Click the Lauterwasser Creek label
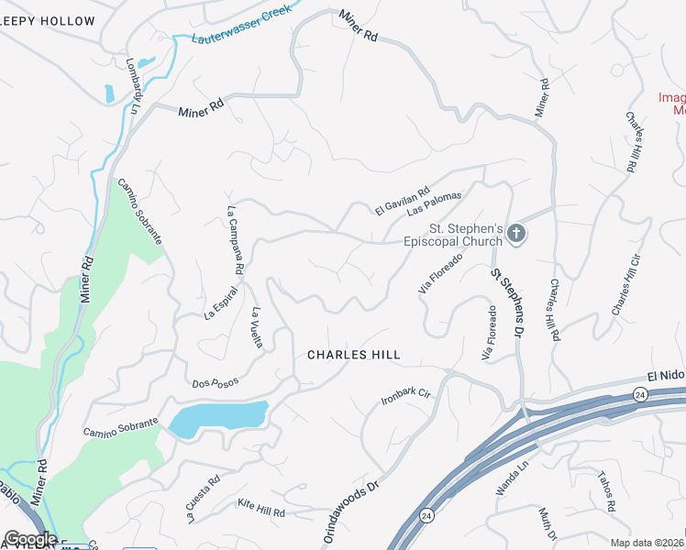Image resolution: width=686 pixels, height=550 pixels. [x=241, y=25]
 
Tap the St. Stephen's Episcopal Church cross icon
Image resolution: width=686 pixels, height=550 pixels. [x=515, y=235]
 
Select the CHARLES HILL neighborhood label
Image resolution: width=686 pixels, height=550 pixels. [x=354, y=355]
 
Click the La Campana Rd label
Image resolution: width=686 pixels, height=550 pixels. [x=234, y=240]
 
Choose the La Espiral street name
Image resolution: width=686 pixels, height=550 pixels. [x=221, y=303]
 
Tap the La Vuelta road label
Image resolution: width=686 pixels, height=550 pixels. [x=258, y=327]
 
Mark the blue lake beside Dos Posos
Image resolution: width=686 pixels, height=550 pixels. [x=217, y=419]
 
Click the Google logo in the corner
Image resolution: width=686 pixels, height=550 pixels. [x=30, y=539]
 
